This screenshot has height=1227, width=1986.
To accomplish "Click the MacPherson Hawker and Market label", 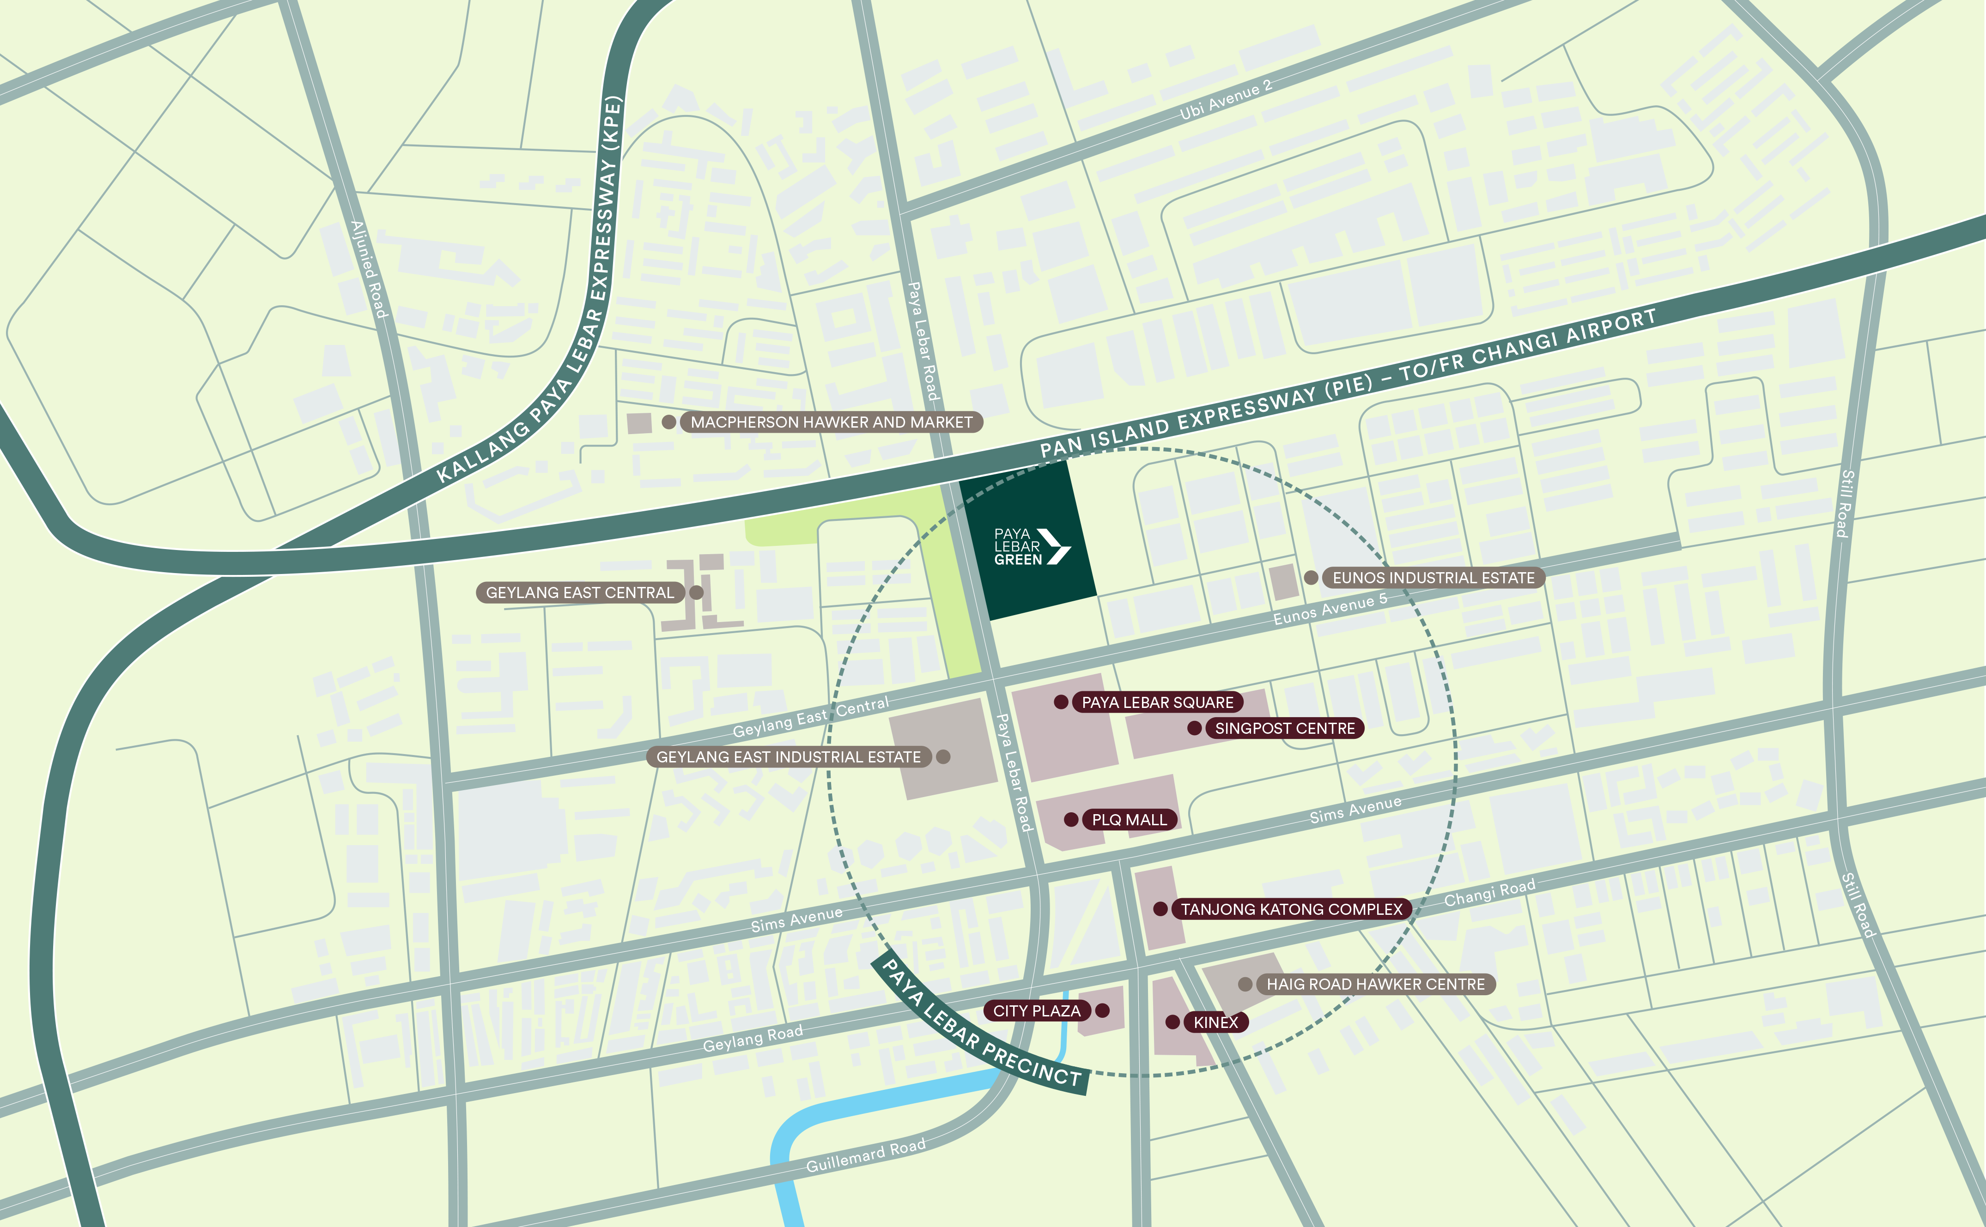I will (831, 422).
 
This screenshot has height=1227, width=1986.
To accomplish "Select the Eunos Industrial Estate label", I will (1433, 578).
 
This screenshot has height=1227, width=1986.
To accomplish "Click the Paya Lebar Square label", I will (1157, 702).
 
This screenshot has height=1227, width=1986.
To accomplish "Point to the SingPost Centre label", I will (1285, 728).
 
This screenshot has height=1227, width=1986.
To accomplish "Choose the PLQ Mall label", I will (1129, 820).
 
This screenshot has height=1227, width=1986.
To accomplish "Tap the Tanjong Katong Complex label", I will (1291, 909).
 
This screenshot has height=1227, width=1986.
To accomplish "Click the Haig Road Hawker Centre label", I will (1376, 985).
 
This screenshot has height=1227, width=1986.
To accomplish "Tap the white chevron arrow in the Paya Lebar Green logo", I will (1055, 546).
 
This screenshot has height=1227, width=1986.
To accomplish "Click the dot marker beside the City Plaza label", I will (1102, 1010).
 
